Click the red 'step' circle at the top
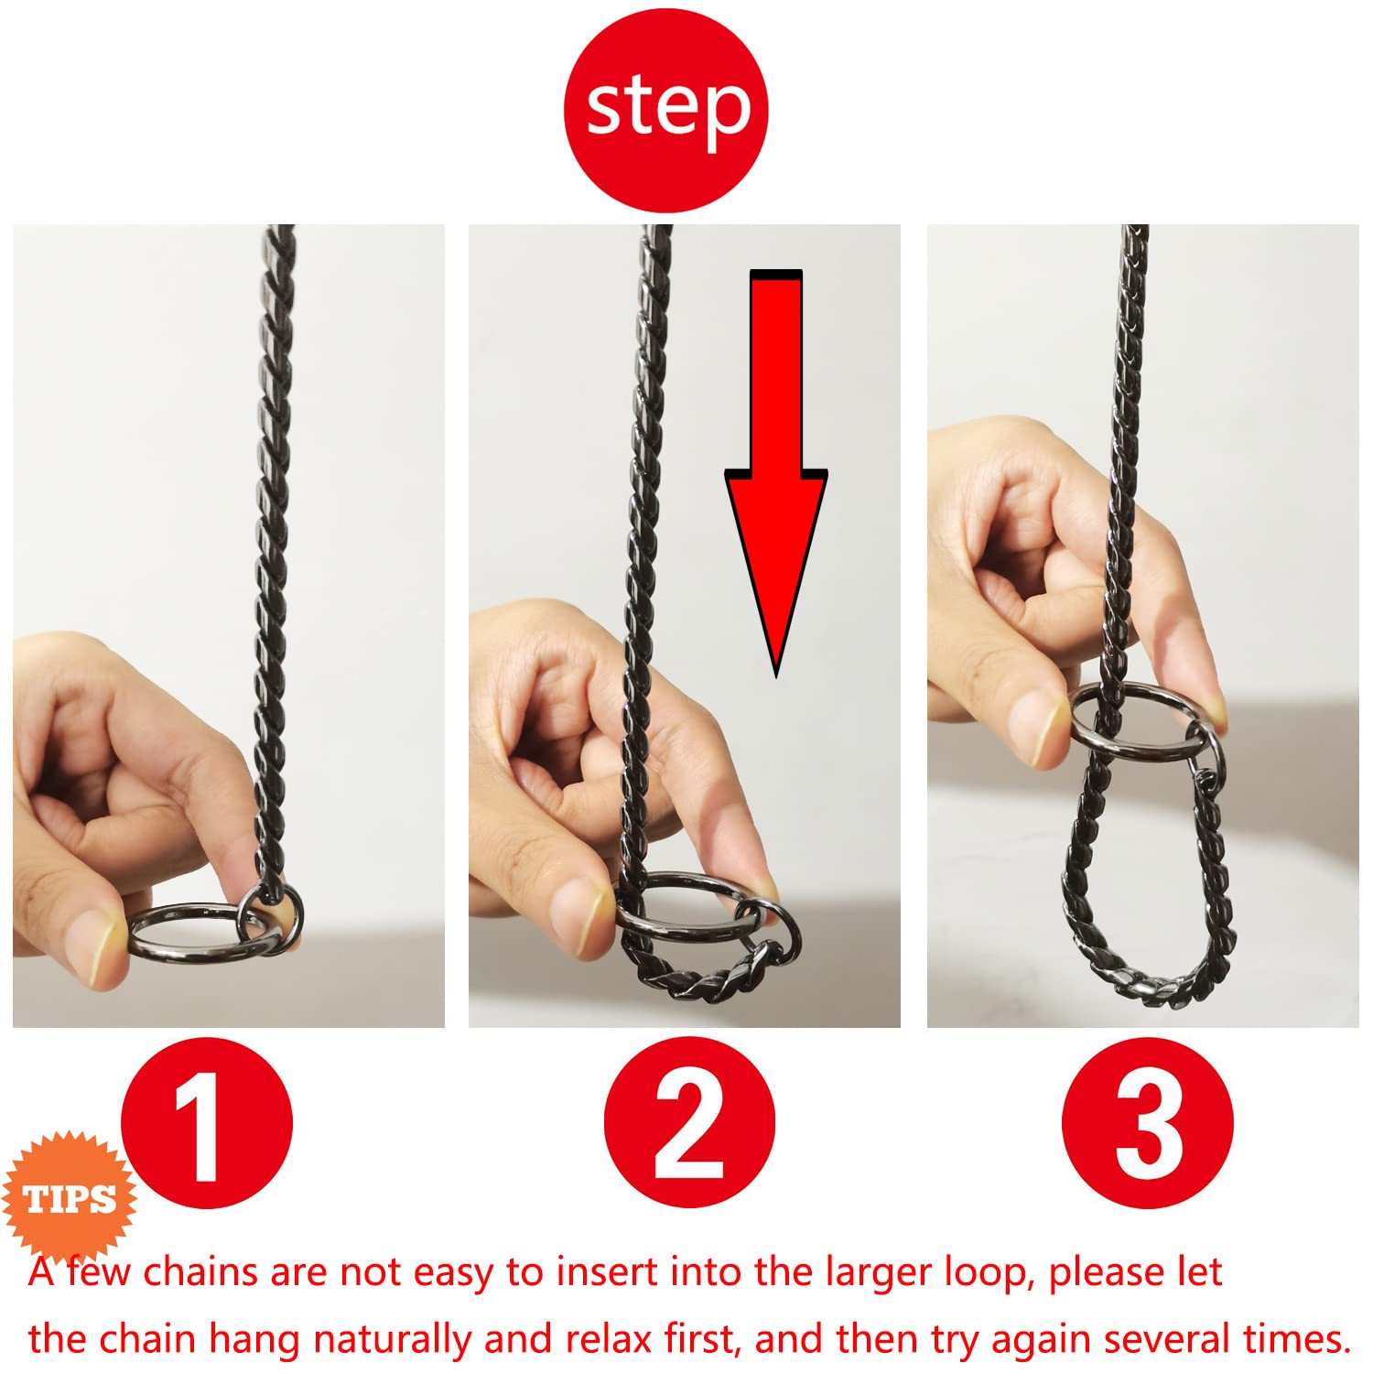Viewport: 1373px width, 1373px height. tap(665, 111)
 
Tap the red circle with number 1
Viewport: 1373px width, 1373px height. tap(207, 1122)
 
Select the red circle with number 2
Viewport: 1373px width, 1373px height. tap(688, 1122)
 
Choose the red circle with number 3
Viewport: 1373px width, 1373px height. tap(1147, 1122)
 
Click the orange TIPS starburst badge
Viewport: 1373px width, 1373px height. tap(70, 1198)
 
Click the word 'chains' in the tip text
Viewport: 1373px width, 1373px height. tap(200, 1272)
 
